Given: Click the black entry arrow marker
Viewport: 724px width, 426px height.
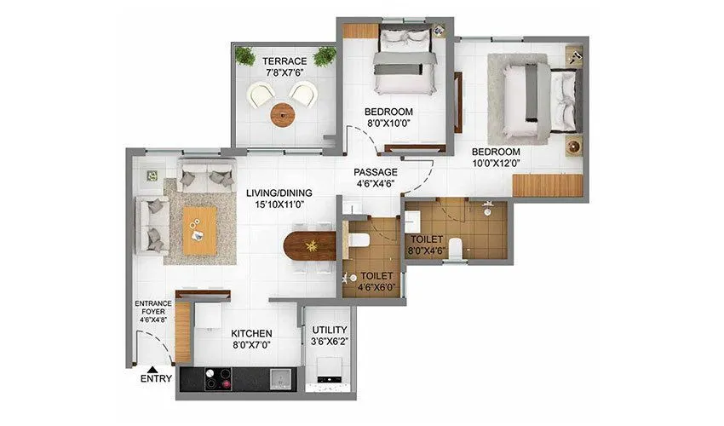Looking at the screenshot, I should (152, 368).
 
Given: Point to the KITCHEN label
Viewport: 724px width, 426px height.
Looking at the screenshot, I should (251, 333).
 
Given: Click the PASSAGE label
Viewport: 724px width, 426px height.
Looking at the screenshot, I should (376, 172).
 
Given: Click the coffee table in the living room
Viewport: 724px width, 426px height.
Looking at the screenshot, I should (201, 229).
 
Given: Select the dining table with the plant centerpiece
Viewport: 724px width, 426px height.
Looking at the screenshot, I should (309, 246).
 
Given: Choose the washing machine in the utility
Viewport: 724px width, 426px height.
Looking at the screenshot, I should (327, 371).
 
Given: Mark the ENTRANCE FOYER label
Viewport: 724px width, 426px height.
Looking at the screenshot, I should (153, 308).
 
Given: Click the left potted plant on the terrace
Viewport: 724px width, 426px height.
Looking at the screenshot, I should (245, 56).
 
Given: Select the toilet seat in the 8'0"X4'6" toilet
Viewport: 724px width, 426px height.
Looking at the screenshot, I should (456, 248).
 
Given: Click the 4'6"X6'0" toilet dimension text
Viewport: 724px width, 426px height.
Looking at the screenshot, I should (376, 287).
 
